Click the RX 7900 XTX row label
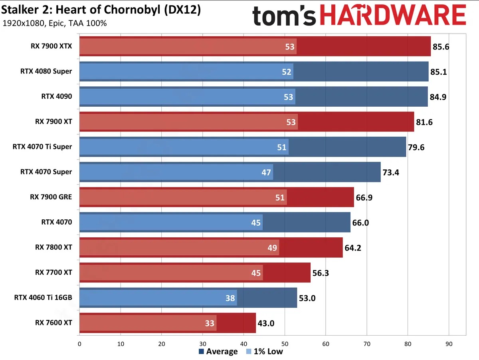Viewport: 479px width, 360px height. tap(51, 46)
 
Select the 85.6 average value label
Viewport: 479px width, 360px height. tap(441, 47)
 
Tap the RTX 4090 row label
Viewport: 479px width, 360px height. tap(57, 96)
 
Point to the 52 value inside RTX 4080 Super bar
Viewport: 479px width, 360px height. tap(287, 72)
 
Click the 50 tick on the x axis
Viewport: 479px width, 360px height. tap(285, 343)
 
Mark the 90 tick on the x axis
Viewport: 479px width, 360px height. tap(449, 343)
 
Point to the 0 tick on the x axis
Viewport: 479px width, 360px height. tap(80, 343)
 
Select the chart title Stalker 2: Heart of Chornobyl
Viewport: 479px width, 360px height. tap(101, 10)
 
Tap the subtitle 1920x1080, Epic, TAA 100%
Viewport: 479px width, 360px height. tap(55, 23)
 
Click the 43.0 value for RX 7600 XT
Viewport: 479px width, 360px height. tap(266, 323)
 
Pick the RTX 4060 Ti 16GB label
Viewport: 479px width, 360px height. tap(43, 297)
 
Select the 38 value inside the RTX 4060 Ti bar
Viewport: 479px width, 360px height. tap(230, 298)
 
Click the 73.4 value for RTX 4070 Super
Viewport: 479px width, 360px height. tap(391, 173)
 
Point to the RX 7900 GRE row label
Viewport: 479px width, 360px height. tap(51, 197)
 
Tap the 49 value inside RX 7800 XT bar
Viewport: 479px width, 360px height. tap(272, 248)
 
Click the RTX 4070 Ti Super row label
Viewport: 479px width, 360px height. tap(42, 147)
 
